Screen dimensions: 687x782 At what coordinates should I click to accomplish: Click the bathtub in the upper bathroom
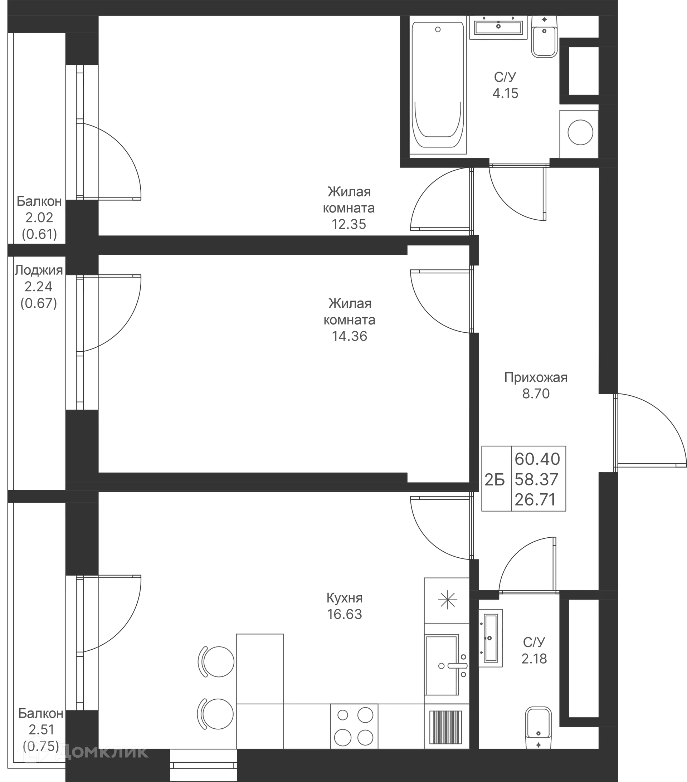coord(438,85)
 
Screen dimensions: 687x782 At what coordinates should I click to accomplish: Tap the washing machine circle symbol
coord(580,132)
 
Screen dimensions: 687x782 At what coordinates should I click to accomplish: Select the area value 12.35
coord(349,224)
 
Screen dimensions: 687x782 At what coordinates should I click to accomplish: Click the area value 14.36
coord(350,336)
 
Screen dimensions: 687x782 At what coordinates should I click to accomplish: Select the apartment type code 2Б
coord(494,480)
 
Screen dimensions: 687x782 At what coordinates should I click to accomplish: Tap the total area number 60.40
coord(537,459)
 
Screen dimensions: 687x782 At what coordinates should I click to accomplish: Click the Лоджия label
coord(39,270)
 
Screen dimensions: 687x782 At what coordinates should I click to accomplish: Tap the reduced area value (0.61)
coord(39,234)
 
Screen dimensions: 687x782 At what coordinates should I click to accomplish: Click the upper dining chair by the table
coord(216,661)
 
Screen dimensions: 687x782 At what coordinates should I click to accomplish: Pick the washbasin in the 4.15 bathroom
coord(498,27)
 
